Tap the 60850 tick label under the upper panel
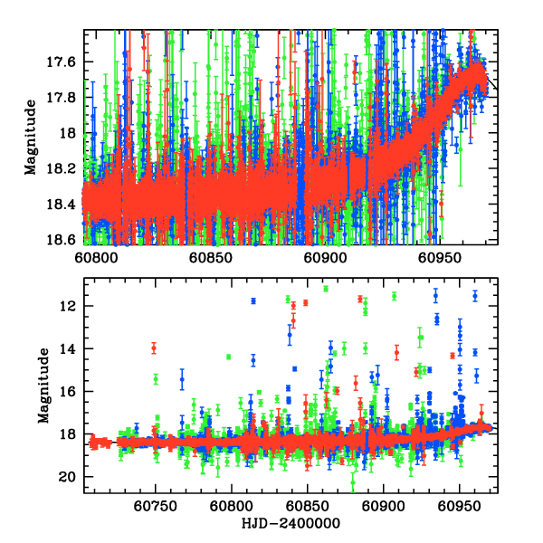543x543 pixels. tap(210, 258)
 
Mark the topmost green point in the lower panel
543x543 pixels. tap(326, 288)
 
